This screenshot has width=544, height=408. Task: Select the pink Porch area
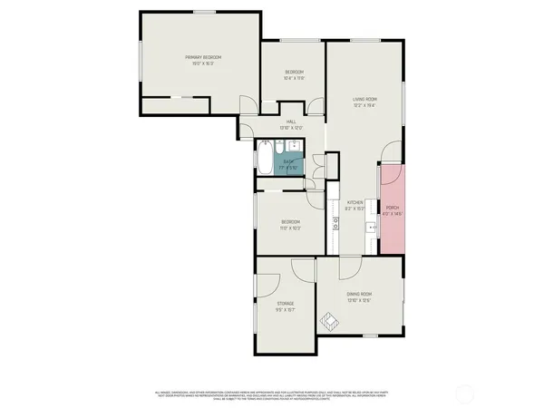pos(393,210)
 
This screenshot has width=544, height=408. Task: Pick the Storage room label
pos(285,306)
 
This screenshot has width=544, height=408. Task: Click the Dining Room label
pos(360,297)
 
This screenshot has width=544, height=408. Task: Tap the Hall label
pos(291,124)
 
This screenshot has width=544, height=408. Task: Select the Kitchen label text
pos(355,205)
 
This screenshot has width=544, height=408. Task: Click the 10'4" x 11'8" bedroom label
pos(293,75)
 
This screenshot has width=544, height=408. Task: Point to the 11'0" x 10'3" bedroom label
pos(290,224)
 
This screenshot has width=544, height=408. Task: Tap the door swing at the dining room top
pos(350,267)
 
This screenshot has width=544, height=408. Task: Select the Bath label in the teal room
pos(287,164)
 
